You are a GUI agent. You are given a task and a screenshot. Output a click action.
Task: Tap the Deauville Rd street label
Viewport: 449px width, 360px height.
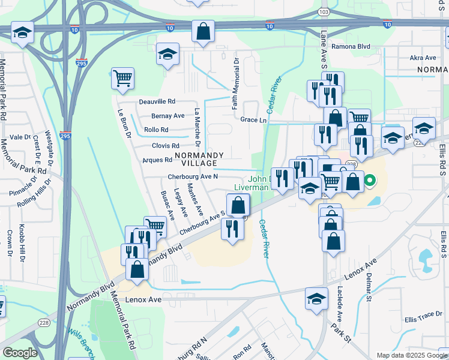[157, 101]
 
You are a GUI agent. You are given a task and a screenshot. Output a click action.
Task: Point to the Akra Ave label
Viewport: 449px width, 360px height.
[423, 58]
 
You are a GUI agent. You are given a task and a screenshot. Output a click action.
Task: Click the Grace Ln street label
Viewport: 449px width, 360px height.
[253, 120]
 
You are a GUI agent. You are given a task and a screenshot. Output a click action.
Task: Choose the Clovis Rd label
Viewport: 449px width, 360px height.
[166, 146]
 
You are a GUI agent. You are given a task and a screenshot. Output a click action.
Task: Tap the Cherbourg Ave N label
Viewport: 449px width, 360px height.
[192, 176]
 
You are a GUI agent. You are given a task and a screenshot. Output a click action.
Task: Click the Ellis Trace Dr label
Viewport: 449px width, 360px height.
[423, 319]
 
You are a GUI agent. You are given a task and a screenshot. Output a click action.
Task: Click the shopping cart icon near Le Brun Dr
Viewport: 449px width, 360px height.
[122, 78]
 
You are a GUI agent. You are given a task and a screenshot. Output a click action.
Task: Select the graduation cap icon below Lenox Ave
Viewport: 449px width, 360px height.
[316, 299]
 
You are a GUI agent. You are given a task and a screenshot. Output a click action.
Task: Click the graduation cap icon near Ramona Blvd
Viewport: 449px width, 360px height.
[168, 54]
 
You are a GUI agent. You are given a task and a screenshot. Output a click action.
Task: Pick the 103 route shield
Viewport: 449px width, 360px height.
[324, 11]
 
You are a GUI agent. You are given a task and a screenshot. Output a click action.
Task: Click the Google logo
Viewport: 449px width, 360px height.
[20, 353]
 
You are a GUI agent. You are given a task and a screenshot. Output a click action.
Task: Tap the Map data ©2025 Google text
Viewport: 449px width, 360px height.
[411, 355]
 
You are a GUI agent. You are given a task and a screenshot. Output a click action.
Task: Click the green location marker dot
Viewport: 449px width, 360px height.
[371, 179]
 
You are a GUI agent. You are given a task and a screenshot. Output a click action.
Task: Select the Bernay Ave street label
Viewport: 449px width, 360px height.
[167, 116]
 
